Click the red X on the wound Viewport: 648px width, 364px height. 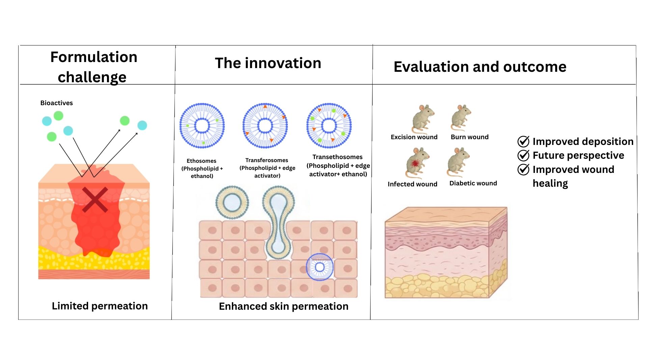95,200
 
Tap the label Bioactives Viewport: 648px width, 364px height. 56,103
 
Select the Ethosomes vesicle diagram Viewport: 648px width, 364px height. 202,126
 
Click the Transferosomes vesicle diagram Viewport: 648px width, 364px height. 265,126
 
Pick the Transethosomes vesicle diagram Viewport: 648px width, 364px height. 329,126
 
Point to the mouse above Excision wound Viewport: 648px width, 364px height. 422,119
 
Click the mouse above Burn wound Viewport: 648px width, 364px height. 461,118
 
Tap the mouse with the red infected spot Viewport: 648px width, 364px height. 417,163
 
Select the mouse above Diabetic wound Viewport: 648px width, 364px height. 458,162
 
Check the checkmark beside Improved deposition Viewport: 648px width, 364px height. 523,142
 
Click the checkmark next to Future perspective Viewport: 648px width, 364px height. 523,155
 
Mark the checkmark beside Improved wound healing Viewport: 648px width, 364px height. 523,170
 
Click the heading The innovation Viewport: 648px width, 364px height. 268,63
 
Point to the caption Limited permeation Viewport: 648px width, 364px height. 100,306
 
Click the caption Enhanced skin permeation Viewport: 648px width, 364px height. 283,306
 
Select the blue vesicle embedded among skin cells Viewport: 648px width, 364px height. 320,267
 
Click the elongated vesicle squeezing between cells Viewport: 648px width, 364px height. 278,222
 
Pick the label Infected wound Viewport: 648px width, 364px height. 412,184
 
